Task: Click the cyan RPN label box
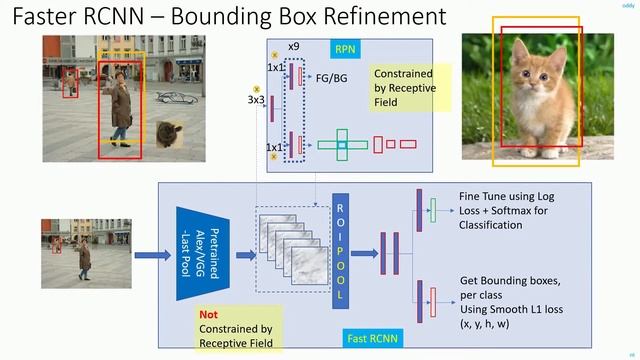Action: pyautogui.click(x=345, y=47)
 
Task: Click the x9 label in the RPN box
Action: pyautogui.click(x=294, y=47)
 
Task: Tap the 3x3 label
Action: pyautogui.click(x=256, y=100)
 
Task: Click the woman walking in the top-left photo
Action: pyautogui.click(x=121, y=110)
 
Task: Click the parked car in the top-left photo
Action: pyautogui.click(x=178, y=97)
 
